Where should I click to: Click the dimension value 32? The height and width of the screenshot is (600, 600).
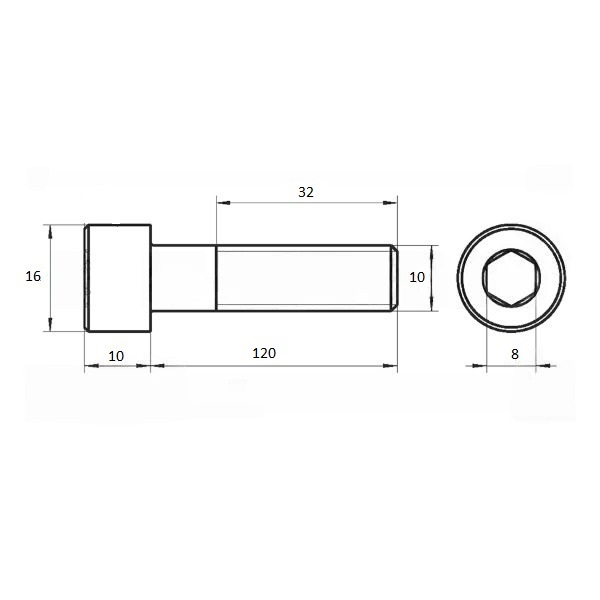[x=306, y=192]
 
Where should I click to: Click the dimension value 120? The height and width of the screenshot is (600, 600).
[x=264, y=353]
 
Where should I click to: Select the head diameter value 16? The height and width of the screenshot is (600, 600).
[x=33, y=276]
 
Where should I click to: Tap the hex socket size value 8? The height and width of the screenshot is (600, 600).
[x=515, y=354]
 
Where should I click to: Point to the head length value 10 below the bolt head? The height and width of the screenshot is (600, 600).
[x=116, y=356]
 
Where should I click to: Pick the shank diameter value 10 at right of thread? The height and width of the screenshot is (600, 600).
[x=417, y=277]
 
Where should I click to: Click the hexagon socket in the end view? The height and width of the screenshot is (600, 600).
[x=512, y=277]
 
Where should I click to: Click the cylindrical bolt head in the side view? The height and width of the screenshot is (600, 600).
[x=118, y=278]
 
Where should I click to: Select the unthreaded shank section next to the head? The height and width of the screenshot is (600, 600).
[x=184, y=278]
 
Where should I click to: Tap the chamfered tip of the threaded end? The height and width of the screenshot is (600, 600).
[x=394, y=278]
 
